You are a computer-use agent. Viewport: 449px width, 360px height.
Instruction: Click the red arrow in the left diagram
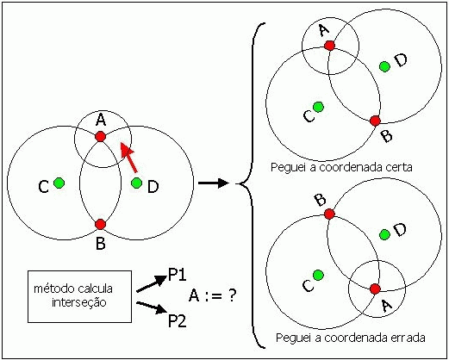coord(128,158)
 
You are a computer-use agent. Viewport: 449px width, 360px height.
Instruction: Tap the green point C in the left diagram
coord(59,183)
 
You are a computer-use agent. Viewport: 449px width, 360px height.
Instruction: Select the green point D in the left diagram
coord(136,183)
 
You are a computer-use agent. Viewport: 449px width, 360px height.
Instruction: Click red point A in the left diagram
coord(100,136)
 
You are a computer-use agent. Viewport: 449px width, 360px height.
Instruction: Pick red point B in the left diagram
coord(100,224)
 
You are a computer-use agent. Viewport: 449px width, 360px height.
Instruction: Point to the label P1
coord(178,275)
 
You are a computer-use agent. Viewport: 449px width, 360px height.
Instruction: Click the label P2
coord(178,320)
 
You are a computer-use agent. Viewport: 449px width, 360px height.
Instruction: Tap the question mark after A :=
coord(232,295)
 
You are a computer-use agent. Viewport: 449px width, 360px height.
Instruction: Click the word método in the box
coord(48,289)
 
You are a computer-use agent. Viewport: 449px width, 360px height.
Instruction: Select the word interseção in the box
coord(79,302)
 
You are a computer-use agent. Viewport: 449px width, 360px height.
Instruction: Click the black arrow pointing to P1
coord(152,284)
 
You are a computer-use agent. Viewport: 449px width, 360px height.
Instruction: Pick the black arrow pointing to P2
coord(152,307)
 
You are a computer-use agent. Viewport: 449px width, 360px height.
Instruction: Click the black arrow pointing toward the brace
coord(214,183)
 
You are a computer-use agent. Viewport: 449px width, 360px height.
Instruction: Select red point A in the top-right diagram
coord(329,46)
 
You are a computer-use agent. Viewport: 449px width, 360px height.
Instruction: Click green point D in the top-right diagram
coord(384,66)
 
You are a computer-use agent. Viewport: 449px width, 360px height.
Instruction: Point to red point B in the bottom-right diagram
coord(329,214)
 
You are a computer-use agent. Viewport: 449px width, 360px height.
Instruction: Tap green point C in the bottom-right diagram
coord(318,275)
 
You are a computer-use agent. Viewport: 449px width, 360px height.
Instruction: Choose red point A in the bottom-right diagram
coord(375,289)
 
